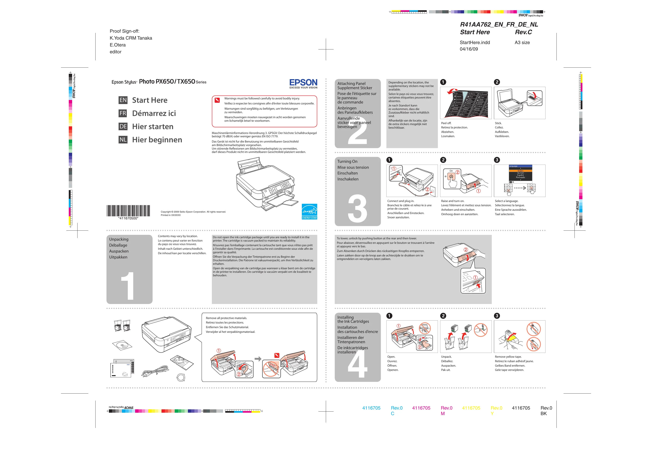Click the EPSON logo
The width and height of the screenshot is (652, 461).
click(303, 83)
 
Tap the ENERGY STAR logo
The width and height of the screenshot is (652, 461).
click(309, 211)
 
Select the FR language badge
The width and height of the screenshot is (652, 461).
click(123, 113)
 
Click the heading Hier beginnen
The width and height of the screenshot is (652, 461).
click(157, 140)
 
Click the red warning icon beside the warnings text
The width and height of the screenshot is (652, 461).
click(217, 100)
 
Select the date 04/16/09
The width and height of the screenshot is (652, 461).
click(469, 49)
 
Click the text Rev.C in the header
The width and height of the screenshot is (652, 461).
click(523, 32)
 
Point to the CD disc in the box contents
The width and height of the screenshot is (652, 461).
click(122, 345)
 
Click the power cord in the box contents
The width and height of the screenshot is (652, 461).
click(155, 371)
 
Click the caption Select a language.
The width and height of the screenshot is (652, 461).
click(506, 201)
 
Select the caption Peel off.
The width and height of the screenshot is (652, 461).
click(446, 123)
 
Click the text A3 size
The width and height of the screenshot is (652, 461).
click(522, 43)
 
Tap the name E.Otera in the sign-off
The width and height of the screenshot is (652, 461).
click(118, 45)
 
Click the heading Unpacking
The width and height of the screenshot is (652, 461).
click(119, 239)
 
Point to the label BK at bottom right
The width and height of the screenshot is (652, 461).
click(543, 414)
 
